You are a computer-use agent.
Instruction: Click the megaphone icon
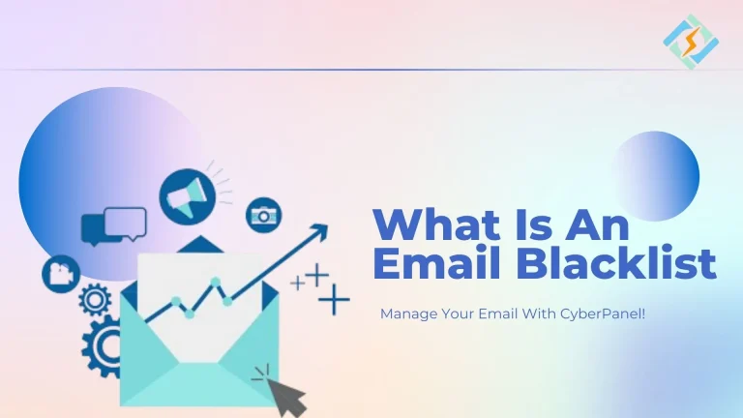[x=185, y=195]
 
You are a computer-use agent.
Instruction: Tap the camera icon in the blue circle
[x=263, y=216]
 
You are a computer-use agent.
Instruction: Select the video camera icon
[x=59, y=274]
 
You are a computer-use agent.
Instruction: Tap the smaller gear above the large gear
[x=95, y=301]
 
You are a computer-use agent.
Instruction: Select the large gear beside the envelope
[x=102, y=345]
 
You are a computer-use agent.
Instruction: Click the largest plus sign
[x=334, y=300]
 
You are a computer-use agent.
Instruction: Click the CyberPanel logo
[x=691, y=40]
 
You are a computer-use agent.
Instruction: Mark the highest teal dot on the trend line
[x=216, y=282]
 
